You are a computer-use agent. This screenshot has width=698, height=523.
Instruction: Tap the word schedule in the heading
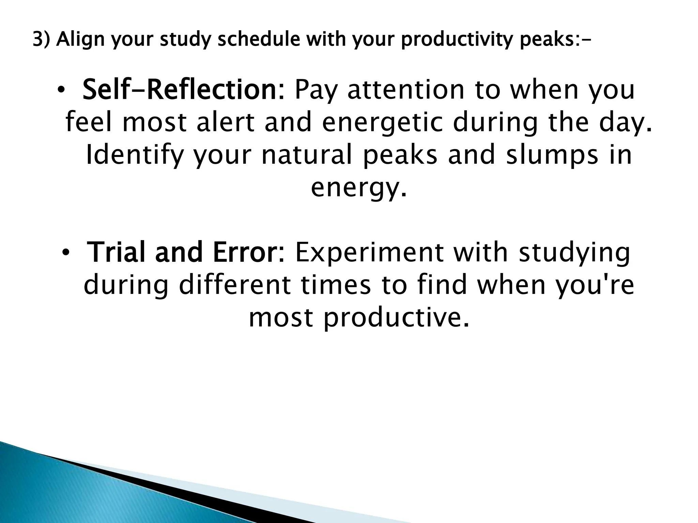point(259,40)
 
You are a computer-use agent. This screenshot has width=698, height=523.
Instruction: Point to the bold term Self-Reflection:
point(183,90)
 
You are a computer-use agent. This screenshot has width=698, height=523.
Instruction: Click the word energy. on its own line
point(359,189)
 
